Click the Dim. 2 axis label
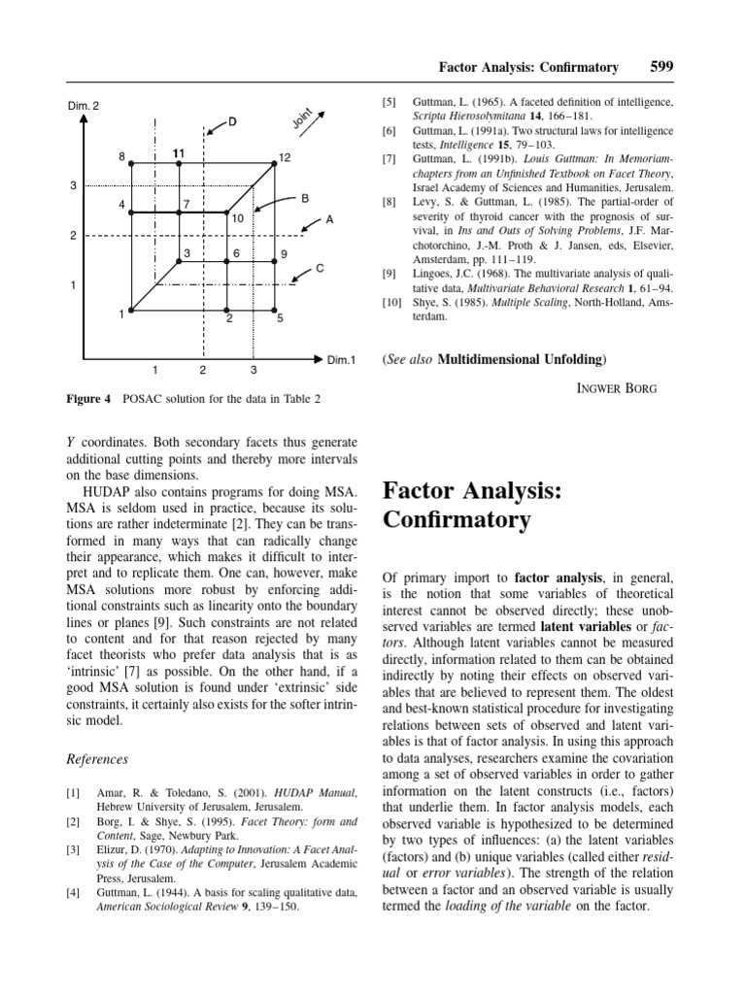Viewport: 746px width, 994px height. [x=84, y=106]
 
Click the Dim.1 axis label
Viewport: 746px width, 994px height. [x=341, y=360]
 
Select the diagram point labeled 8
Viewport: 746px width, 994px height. [x=132, y=164]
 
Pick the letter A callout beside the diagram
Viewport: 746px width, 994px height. [x=329, y=220]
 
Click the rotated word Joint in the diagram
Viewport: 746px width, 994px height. [x=302, y=117]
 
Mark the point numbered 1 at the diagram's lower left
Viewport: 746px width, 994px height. [x=132, y=311]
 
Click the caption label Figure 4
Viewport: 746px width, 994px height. [x=89, y=398]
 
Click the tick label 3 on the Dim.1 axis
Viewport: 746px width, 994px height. [x=254, y=370]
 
